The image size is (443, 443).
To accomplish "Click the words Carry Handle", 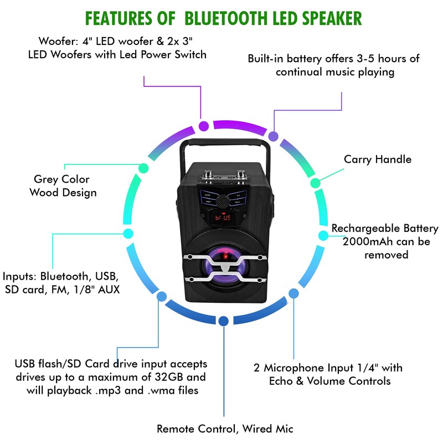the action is (378, 159).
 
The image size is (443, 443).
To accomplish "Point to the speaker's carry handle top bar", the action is (222, 143).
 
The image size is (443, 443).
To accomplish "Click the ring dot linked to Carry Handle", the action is (314, 183).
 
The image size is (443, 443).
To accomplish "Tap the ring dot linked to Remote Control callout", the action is (223, 321).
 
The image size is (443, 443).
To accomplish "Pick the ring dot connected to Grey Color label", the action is (143, 168).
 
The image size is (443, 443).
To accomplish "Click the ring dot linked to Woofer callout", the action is (204, 126).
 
